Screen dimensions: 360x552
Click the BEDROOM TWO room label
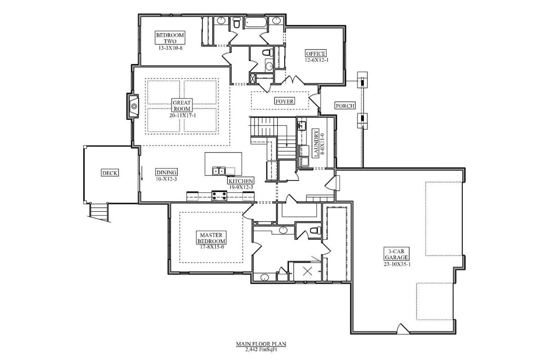[170, 38]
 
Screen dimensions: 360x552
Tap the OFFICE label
[316, 54]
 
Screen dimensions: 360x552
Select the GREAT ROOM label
[182, 105]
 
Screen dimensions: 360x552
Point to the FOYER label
[284, 101]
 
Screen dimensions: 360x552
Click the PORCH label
[345, 105]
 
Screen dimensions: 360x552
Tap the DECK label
[109, 173]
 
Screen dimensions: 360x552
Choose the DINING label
[166, 173]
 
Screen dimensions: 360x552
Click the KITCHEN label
[241, 181]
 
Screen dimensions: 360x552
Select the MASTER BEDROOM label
[211, 238]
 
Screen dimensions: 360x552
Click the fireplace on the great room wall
[133, 106]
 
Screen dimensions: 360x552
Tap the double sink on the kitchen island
[218, 171]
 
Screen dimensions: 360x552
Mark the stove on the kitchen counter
[219, 196]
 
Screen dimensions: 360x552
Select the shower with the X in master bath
[307, 271]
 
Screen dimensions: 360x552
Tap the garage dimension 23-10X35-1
[396, 264]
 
